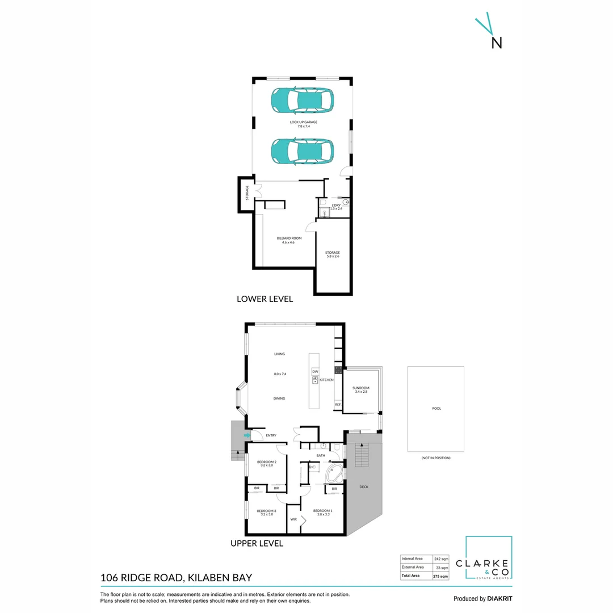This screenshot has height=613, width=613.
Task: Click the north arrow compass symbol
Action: coord(489,33)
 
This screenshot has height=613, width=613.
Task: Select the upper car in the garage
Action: coord(301,101)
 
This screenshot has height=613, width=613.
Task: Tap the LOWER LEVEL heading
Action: coord(264,299)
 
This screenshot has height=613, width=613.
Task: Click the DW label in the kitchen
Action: coord(314,371)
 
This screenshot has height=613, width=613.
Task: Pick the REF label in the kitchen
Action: coord(337,405)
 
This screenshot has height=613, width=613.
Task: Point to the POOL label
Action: coord(436,408)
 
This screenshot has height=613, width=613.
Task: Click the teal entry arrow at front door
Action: coord(246,435)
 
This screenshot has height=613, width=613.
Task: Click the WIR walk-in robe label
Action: coord(293,519)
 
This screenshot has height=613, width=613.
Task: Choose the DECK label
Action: coord(364,487)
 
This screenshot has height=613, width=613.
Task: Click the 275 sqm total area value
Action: coord(440,576)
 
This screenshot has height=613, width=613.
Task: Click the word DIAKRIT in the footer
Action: coord(499,599)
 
